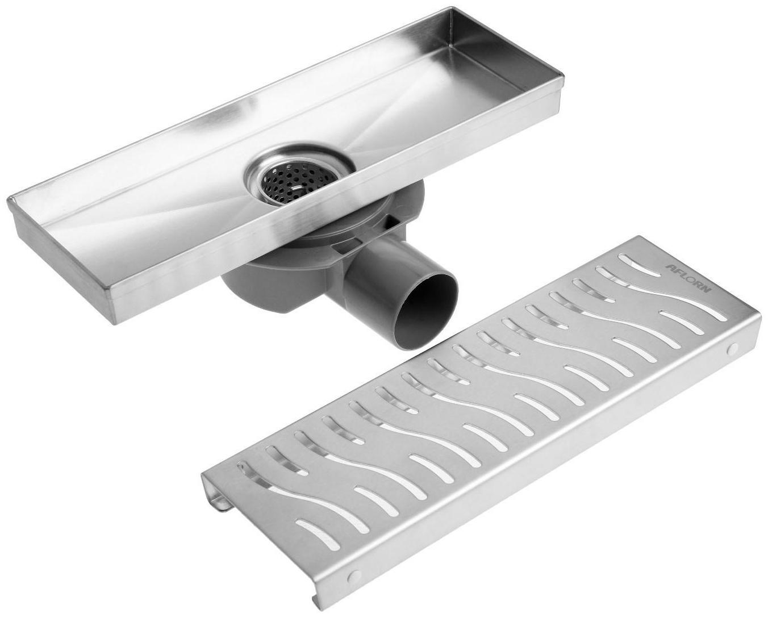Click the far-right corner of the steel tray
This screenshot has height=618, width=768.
coord(564,76)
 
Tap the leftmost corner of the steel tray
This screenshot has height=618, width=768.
coord(8,201)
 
